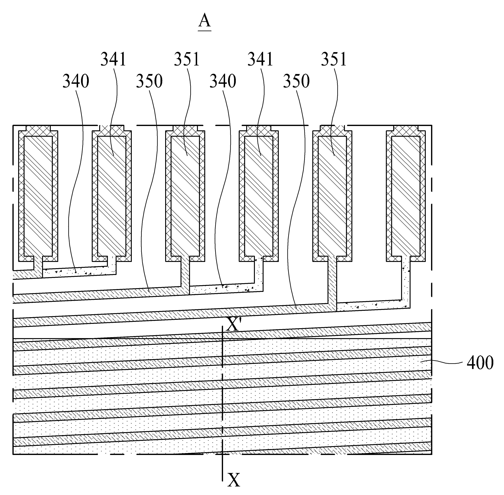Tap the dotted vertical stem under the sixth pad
click(406, 281)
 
